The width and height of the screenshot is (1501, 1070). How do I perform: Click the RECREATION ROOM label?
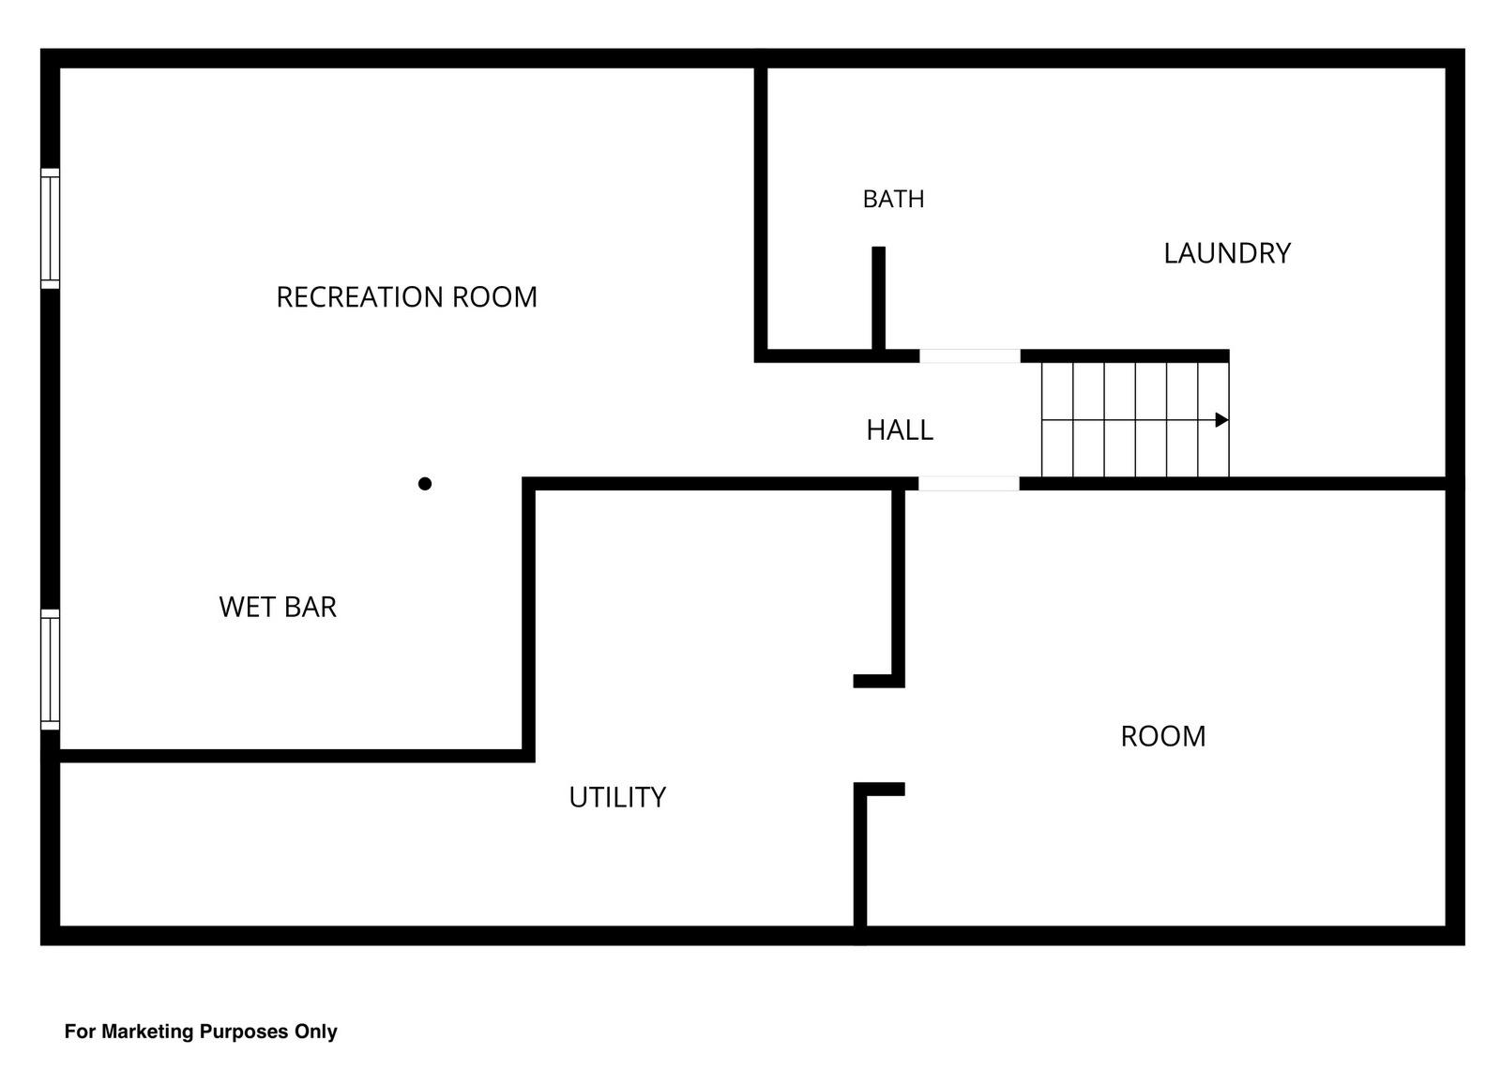pyautogui.click(x=407, y=297)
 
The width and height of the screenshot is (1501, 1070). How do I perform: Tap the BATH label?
pyautogui.click(x=893, y=199)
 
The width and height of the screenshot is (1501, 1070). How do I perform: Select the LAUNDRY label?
pyautogui.click(x=1227, y=253)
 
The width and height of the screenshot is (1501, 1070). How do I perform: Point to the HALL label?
pyautogui.click(x=900, y=430)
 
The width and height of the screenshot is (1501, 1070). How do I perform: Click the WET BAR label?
pyautogui.click(x=278, y=607)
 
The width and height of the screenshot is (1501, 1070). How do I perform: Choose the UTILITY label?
pyautogui.click(x=617, y=797)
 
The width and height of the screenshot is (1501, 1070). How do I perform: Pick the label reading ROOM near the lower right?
pyautogui.click(x=1163, y=736)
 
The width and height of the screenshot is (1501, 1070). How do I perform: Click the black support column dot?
pyautogui.click(x=425, y=484)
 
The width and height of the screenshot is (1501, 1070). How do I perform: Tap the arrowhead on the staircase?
pyautogui.click(x=1222, y=420)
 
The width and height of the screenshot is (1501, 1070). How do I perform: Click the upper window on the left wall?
pyautogui.click(x=51, y=229)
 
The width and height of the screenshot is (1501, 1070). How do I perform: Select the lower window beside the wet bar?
pyautogui.click(x=51, y=670)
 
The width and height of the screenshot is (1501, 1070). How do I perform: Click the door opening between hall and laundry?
pyautogui.click(x=970, y=355)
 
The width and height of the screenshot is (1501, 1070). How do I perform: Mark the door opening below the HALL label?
pyautogui.click(x=969, y=484)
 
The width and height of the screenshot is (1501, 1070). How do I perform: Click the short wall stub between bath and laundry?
pyautogui.click(x=878, y=298)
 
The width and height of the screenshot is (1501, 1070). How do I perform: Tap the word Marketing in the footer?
pyautogui.click(x=147, y=1032)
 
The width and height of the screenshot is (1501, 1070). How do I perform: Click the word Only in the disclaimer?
pyautogui.click(x=315, y=1032)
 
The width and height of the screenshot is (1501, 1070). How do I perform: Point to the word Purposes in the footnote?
pyautogui.click(x=244, y=1032)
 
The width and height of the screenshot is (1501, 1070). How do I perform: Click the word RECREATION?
pyautogui.click(x=360, y=297)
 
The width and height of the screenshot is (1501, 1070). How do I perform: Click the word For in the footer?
pyautogui.click(x=81, y=1032)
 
